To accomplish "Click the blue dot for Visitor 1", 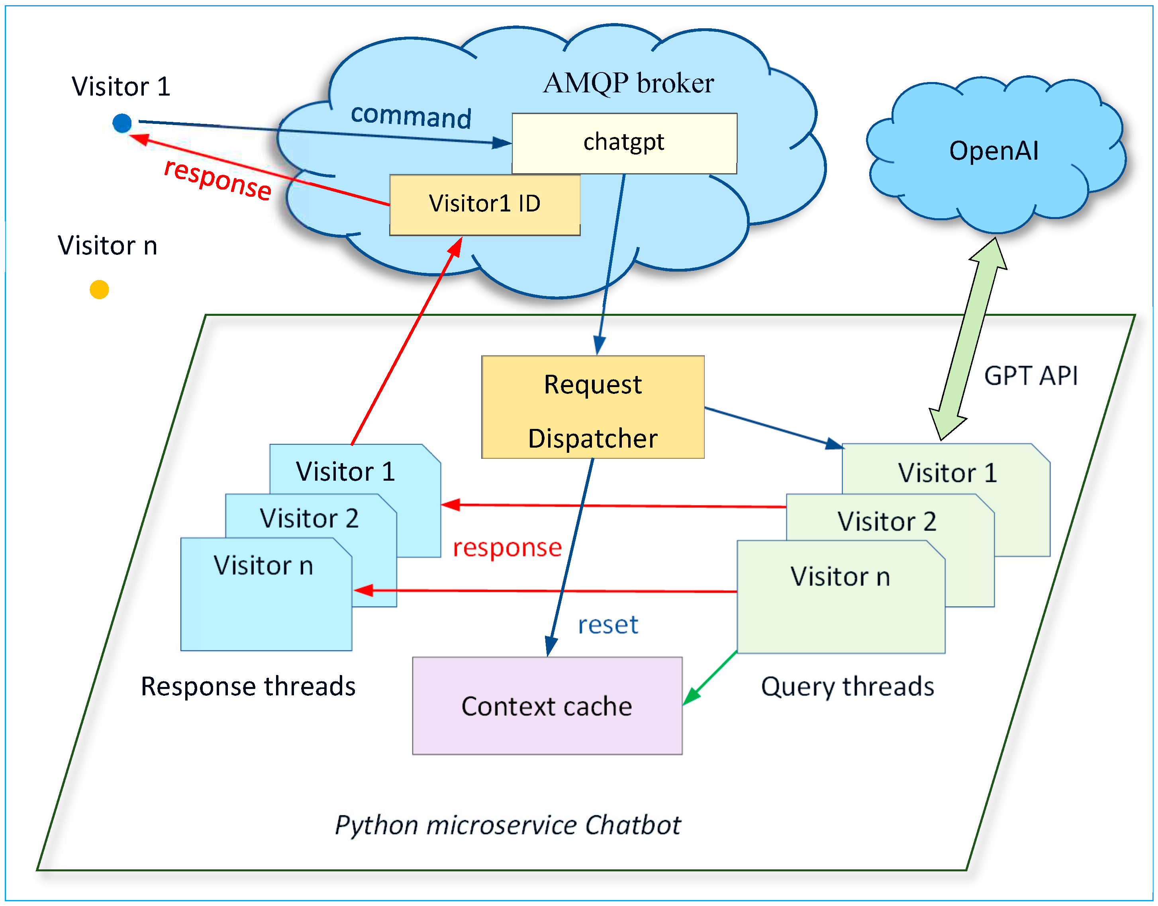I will tap(122, 123).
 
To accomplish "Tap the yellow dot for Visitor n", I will tap(99, 290).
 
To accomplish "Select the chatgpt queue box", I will tap(624, 143).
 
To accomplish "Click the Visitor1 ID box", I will tap(484, 204).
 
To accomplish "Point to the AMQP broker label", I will tap(629, 83).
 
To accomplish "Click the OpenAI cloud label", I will tap(993, 151).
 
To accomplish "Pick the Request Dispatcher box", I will tap(592, 407).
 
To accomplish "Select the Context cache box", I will tap(547, 706).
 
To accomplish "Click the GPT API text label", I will tap(1031, 376).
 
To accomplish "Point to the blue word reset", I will tap(608, 625).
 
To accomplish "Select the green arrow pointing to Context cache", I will tap(709, 679).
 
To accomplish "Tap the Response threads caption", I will tap(248, 687).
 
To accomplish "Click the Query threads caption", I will tap(847, 687).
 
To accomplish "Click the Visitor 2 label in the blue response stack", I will tap(309, 518).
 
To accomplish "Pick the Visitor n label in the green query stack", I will tap(840, 577).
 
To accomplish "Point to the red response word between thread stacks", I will tap(507, 548).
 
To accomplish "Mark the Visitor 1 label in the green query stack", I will tap(947, 473).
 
